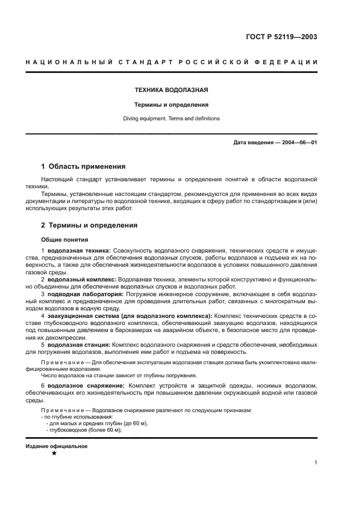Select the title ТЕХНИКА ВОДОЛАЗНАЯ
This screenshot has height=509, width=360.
(172, 90)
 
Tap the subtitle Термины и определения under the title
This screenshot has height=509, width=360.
(172, 105)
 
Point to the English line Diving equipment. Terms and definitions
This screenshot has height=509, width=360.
(172, 118)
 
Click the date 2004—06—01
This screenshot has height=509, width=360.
(299, 143)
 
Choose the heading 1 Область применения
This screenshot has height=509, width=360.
(83, 167)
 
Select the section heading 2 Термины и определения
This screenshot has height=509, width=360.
(89, 225)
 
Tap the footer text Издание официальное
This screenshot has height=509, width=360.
(57, 446)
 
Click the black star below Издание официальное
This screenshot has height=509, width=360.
(54, 453)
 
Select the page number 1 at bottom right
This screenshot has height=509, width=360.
(316, 463)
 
